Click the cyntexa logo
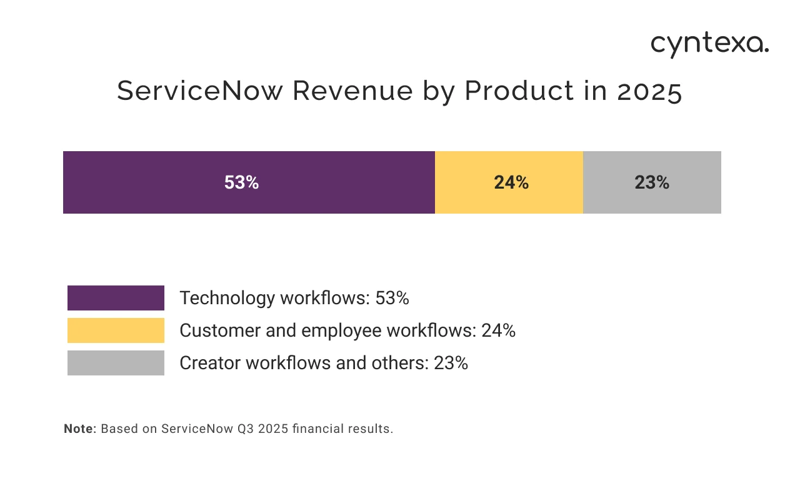[x=709, y=45]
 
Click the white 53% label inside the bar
[x=241, y=182]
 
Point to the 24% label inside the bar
[x=511, y=182]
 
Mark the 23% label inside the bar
[x=652, y=182]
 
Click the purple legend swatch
[x=116, y=298]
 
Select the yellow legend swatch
[x=116, y=330]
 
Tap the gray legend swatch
[x=116, y=363]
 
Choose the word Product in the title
[x=519, y=91]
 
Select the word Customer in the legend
[x=218, y=331]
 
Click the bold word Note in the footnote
[x=78, y=429]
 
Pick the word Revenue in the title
[x=352, y=91]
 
